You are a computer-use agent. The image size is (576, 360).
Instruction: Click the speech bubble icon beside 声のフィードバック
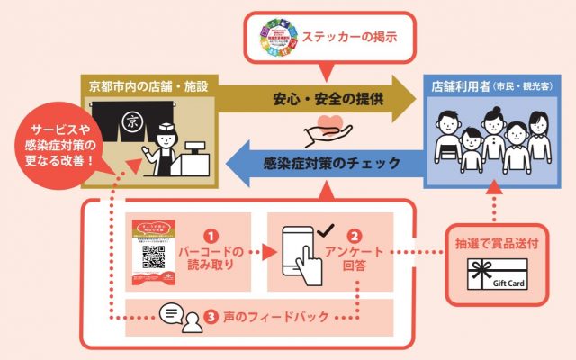point(171,313)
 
